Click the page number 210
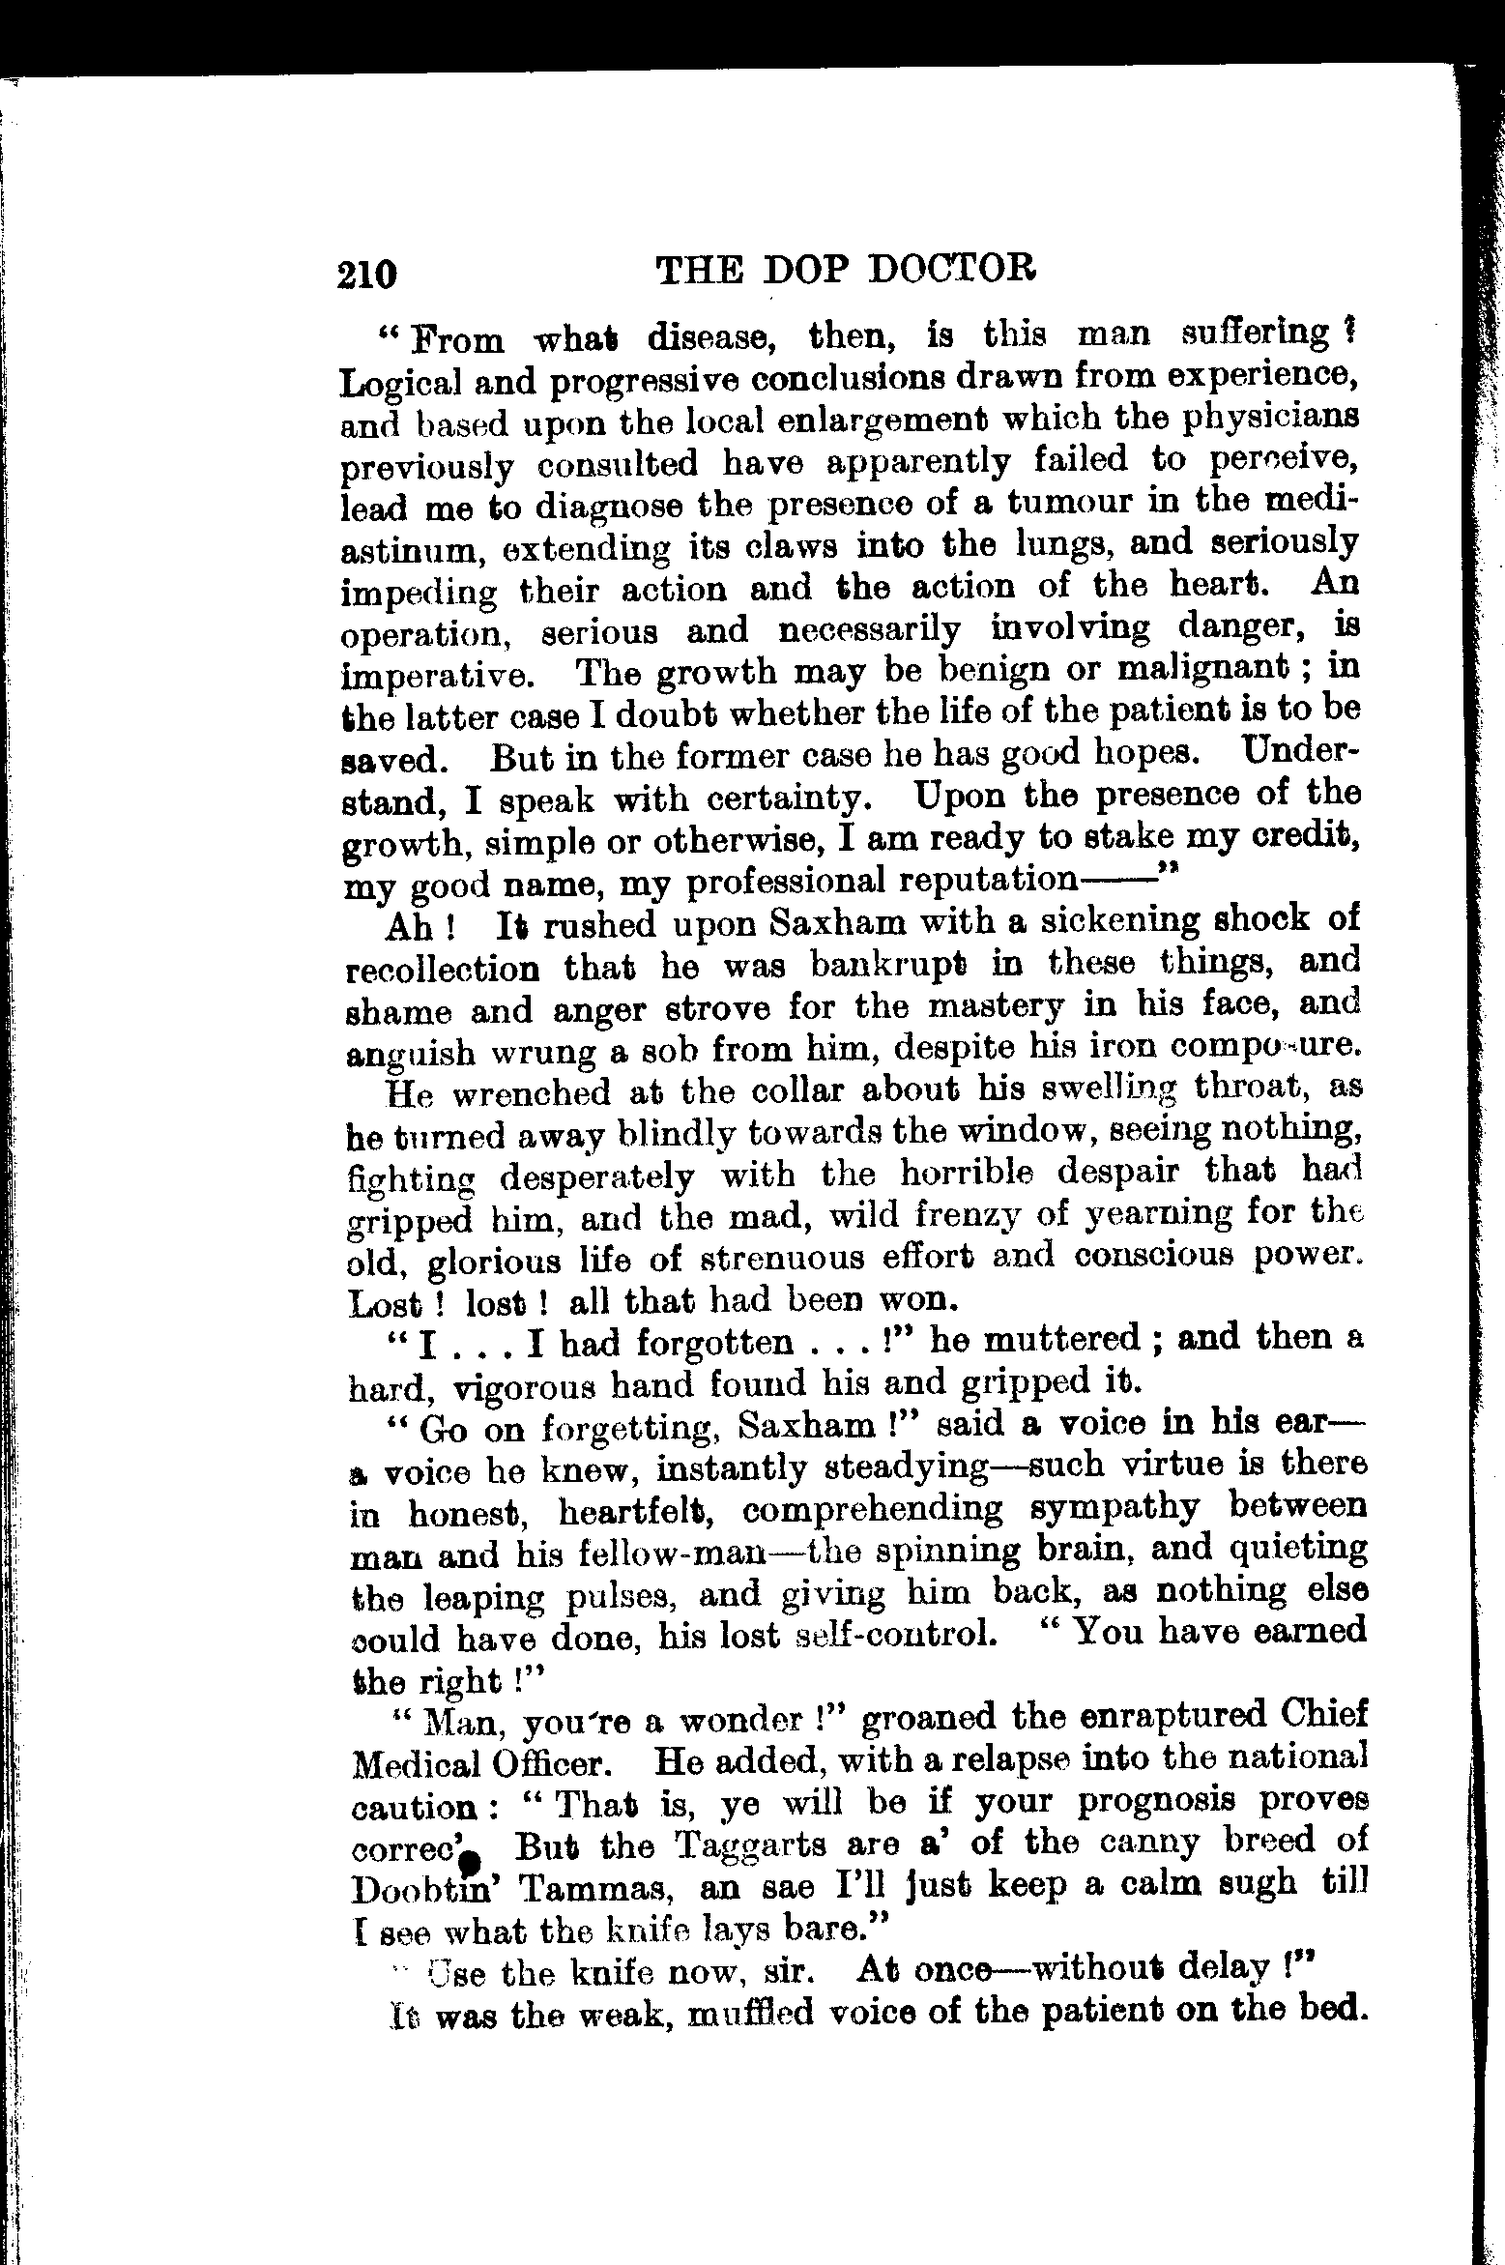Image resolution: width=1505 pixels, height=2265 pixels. click(368, 274)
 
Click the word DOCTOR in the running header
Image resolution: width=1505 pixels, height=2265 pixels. click(952, 269)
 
